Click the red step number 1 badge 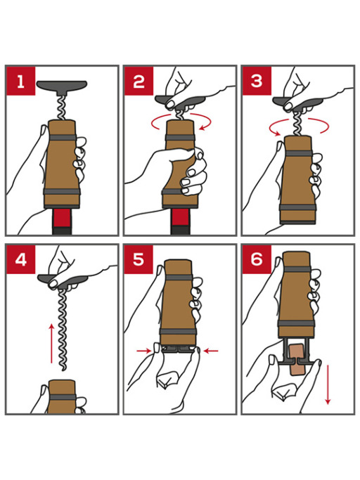(20, 81)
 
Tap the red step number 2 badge (139, 81)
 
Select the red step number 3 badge (257, 81)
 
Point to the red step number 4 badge (20, 260)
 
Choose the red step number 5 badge (139, 260)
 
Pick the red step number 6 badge (257, 260)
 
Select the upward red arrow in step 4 (51, 343)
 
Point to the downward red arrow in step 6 (328, 384)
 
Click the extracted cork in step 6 (296, 359)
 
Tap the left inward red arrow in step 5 (144, 351)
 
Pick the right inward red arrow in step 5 (211, 351)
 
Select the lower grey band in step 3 (297, 207)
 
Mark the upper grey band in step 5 (179, 278)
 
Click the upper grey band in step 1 (63, 138)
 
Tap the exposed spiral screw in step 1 (63, 108)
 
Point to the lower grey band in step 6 (296, 323)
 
